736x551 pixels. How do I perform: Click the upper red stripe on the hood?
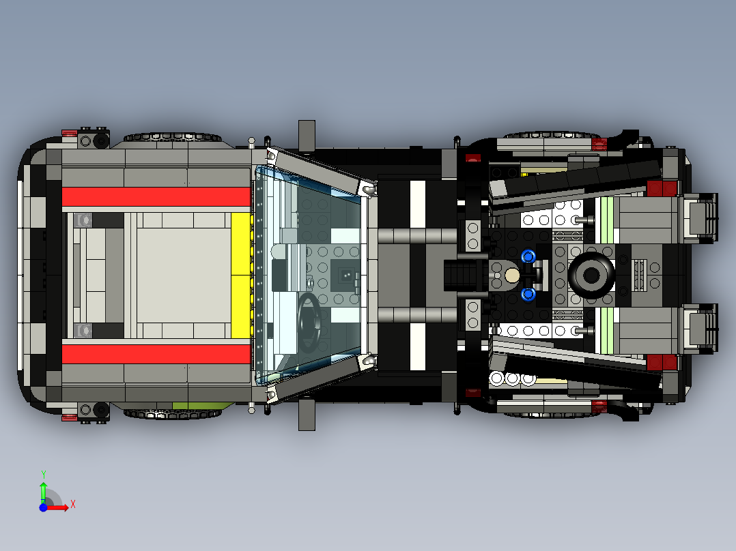pos(156,196)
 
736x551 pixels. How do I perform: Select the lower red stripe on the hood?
pos(156,355)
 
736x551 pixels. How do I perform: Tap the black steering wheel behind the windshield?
pos(309,323)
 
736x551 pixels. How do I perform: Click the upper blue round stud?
pos(528,256)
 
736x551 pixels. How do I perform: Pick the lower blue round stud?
pos(528,294)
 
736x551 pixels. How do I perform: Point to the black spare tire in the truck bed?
pos(591,275)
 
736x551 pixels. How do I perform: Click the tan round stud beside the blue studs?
pos(511,275)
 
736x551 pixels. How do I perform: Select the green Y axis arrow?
pos(43,492)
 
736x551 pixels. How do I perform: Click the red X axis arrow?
pos(57,507)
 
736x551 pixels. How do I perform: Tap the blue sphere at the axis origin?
pos(43,507)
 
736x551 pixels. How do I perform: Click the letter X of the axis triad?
pos(73,505)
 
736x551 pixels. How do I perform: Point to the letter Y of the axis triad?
pos(43,475)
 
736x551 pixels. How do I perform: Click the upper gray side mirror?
pos(307,136)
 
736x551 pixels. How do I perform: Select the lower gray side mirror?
pos(307,415)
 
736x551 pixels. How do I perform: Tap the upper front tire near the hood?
pos(172,137)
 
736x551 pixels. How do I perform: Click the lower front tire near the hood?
pos(172,414)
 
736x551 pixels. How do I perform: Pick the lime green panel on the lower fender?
pos(203,405)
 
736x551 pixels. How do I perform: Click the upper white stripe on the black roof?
pos(417,205)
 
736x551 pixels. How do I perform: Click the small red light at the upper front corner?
pos(69,133)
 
